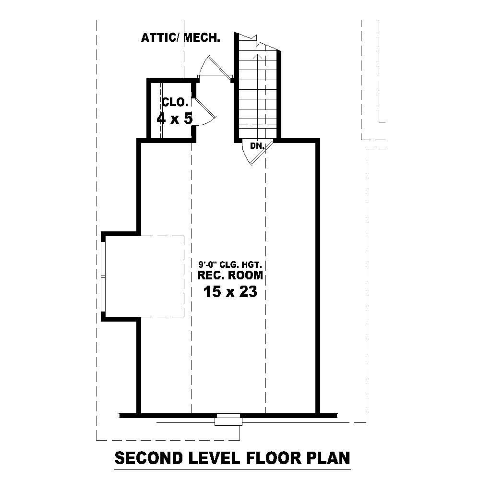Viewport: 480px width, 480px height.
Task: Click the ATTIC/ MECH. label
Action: tap(180, 38)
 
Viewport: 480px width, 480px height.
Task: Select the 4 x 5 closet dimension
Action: tap(175, 118)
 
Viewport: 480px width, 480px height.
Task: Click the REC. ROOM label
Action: tap(230, 275)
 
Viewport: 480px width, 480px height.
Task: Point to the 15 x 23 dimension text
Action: tap(230, 291)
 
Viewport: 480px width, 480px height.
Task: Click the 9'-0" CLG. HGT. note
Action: tap(230, 264)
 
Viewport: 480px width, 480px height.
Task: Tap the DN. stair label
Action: tap(257, 145)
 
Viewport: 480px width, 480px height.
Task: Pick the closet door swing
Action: tap(204, 113)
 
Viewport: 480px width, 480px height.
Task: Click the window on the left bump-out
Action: tap(103, 276)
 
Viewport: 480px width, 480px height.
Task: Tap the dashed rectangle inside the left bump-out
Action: tap(144, 276)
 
